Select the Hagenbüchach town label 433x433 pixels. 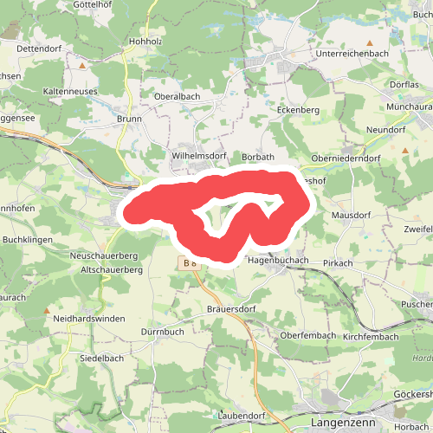(x=278, y=259)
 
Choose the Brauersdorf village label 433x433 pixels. (x=233, y=308)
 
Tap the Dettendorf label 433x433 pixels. (x=41, y=50)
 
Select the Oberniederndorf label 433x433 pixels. (x=346, y=158)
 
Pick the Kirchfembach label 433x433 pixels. (x=370, y=335)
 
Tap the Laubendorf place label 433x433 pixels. (x=241, y=416)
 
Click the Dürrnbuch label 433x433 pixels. (x=162, y=332)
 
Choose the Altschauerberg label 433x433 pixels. (x=110, y=270)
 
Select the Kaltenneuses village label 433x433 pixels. (x=70, y=90)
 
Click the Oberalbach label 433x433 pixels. (x=178, y=96)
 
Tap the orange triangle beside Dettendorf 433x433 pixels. (x=82, y=65)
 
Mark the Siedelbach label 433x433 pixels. (x=102, y=358)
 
